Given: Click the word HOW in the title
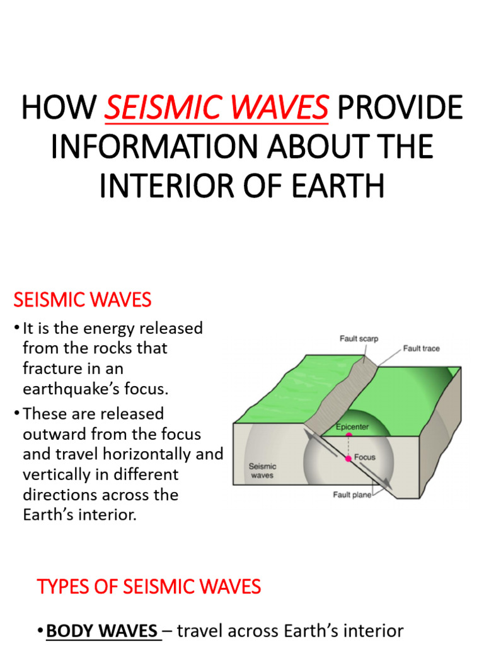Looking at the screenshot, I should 59,107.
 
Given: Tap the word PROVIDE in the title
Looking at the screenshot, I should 400,107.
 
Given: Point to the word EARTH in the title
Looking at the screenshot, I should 342,186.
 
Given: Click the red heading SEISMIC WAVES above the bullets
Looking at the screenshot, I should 83,300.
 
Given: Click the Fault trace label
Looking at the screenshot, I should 422,348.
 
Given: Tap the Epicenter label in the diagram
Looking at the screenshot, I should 352,426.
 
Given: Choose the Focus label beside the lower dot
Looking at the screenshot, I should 366,457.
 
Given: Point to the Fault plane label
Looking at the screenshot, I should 352,495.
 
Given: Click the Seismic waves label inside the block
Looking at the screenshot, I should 262,471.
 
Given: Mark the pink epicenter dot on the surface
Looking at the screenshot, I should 349,435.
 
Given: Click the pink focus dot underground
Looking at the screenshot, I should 348,459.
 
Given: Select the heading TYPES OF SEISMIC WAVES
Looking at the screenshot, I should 149,587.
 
